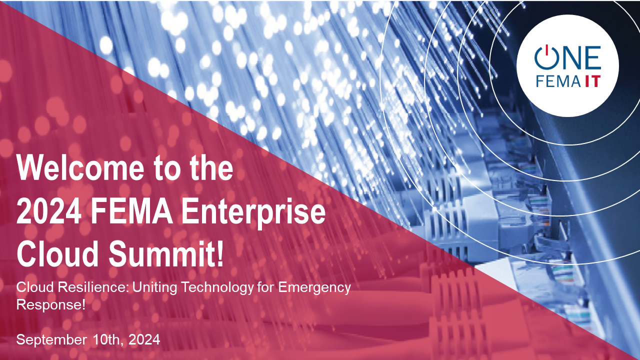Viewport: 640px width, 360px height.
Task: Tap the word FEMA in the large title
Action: [x=132, y=211]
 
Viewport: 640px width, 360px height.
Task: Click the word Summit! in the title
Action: [x=165, y=253]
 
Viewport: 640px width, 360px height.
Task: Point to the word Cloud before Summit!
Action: [x=57, y=253]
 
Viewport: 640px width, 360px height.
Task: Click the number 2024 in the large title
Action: [x=49, y=211]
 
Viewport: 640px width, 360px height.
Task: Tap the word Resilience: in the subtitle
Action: [x=93, y=287]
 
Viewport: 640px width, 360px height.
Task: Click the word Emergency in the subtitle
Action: [x=314, y=288]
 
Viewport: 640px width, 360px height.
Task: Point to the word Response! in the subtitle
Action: [x=51, y=304]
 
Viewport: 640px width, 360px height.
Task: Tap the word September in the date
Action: [x=51, y=340]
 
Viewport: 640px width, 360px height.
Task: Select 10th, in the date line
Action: [x=108, y=340]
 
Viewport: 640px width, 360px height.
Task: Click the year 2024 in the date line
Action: [x=144, y=339]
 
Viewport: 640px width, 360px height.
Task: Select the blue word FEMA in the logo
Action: [x=558, y=81]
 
